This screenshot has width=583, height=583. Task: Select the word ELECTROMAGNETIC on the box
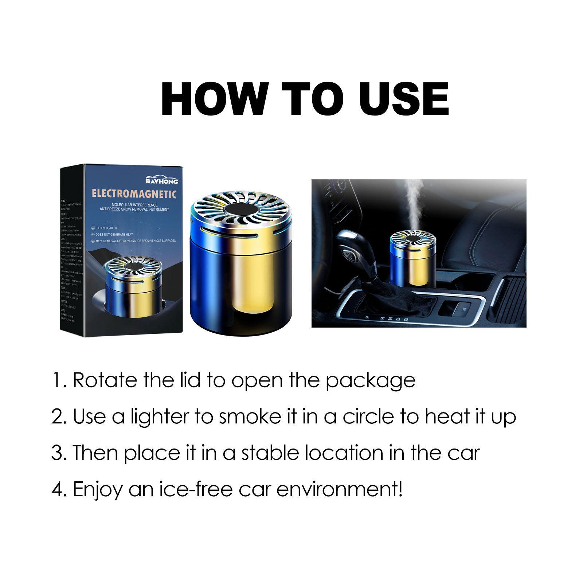(x=134, y=194)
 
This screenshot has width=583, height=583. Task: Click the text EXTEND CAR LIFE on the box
(x=107, y=228)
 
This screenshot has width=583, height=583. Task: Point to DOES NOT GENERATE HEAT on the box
(x=114, y=234)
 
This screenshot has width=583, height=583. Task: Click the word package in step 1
(x=370, y=381)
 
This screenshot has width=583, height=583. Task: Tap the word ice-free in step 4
(x=196, y=489)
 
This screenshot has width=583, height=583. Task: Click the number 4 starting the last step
(x=58, y=489)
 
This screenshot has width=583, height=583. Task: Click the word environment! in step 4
(x=340, y=489)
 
